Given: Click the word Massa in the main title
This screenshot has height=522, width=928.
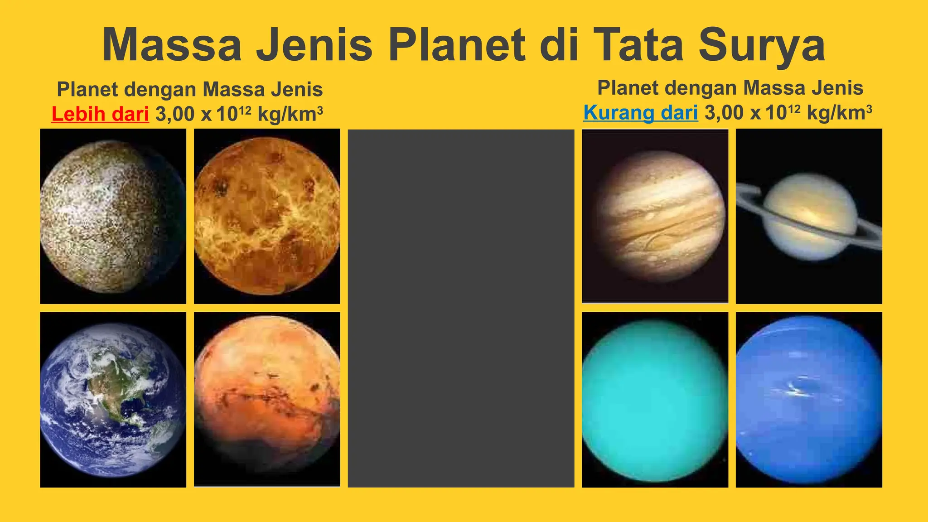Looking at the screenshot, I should tap(172, 45).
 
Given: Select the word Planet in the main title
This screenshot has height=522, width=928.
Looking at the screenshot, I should tap(457, 45).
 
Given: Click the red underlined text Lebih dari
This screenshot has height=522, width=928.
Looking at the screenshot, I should tap(100, 114).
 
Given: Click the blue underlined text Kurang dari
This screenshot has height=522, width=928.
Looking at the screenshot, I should tap(640, 113).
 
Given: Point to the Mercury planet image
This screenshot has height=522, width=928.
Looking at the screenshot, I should tap(113, 216).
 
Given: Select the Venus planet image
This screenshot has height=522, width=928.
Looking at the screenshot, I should tap(267, 216).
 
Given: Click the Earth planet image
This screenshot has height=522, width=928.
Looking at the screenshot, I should tap(113, 400).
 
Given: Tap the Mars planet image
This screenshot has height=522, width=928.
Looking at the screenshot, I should tap(267, 400).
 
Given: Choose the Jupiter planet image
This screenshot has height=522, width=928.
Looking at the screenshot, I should tap(655, 216).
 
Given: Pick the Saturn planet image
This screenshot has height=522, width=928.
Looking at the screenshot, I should tap(809, 216).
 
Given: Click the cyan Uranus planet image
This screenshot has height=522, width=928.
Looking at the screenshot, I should tap(655, 400).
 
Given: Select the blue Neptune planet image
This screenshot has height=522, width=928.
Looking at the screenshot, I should tap(809, 400).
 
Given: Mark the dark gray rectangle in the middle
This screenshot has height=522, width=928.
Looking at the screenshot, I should tap(461, 308).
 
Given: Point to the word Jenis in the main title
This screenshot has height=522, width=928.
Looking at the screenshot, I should tap(314, 45).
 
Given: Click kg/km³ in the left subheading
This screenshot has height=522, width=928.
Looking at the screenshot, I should tap(290, 114).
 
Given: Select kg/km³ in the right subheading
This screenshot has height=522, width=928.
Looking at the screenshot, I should tap(839, 113).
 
